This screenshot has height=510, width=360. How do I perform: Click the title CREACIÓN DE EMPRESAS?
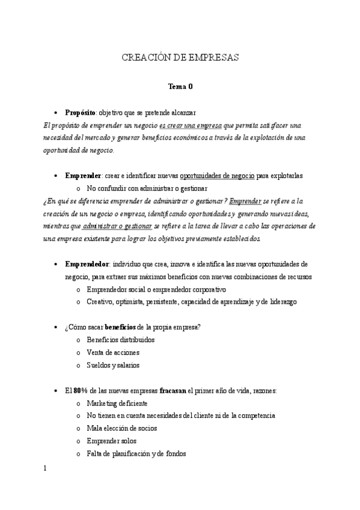click(180, 58)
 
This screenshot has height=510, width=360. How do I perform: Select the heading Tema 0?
click(180, 87)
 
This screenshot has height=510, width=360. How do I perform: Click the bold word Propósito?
click(80, 112)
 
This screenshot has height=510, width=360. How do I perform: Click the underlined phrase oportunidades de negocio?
click(218, 176)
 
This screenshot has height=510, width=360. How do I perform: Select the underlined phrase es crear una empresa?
click(191, 125)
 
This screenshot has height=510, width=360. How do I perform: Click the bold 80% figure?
click(81, 390)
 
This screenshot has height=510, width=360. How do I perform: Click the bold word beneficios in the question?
click(120, 327)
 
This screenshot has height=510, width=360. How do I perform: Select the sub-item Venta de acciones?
click(113, 352)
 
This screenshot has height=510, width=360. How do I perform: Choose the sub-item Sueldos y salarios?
click(113, 365)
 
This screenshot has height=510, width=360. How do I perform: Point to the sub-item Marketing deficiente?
click(117, 403)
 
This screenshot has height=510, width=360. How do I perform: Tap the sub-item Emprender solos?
click(112, 441)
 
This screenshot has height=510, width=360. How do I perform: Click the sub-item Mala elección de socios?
click(122, 428)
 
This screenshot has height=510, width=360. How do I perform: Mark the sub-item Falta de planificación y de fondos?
click(136, 453)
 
